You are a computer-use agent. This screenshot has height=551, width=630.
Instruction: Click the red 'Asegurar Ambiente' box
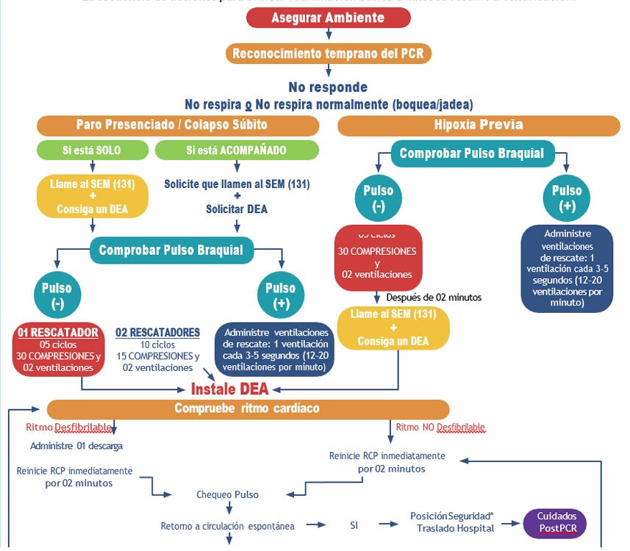(x=328, y=18)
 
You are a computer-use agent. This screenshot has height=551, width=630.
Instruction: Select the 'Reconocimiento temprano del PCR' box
(x=328, y=54)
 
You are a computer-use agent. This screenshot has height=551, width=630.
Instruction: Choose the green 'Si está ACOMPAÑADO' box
(x=236, y=151)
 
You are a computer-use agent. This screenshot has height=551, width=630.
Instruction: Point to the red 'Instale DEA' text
(x=230, y=389)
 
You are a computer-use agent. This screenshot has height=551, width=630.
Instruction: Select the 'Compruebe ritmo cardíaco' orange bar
(x=247, y=408)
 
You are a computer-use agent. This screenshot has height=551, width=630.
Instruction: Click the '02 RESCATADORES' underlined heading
(x=157, y=333)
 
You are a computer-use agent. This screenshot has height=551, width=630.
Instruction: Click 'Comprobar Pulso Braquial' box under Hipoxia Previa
(x=471, y=154)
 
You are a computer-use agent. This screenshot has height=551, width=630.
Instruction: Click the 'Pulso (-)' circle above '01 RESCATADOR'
(x=57, y=295)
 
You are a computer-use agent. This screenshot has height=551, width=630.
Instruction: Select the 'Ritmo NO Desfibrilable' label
(x=440, y=427)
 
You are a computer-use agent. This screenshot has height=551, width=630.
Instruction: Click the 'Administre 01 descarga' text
(x=76, y=446)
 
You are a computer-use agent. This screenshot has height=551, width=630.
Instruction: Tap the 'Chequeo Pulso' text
(x=227, y=494)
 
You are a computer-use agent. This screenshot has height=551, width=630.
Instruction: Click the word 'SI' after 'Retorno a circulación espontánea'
(x=353, y=526)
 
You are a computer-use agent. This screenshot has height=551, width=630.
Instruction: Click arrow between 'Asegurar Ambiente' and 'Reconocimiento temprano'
(x=328, y=36)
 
